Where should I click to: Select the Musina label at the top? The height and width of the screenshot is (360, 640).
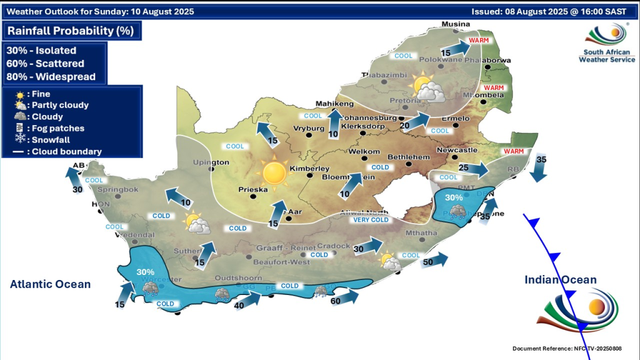pos(455,24)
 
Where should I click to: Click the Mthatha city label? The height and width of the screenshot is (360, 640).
pos(419,233)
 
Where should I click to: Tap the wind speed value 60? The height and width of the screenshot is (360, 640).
pos(335,301)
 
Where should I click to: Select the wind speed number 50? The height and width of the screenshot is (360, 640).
pos(428,262)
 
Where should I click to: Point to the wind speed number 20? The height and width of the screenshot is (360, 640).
pos(404,125)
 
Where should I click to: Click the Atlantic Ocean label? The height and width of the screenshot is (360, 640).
pos(50,284)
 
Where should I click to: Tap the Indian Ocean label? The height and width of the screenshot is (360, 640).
pos(561,279)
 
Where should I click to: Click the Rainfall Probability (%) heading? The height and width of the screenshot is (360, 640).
pos(70,31)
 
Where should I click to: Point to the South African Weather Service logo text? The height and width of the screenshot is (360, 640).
pos(607,56)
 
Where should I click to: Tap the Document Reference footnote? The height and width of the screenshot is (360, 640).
pos(567,348)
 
